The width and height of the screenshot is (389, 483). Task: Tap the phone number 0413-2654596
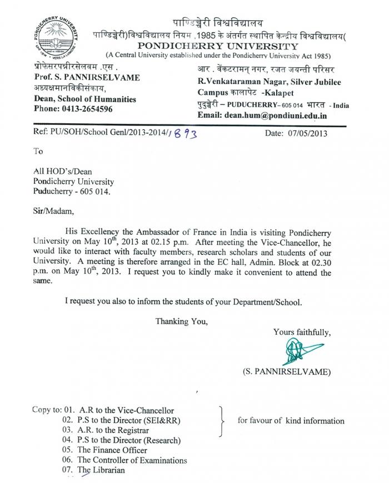tap(84, 109)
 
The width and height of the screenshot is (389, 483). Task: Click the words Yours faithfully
tap(302, 333)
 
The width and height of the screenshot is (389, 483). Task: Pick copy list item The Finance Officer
tap(112, 450)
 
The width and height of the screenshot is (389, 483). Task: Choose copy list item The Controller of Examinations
tap(132, 460)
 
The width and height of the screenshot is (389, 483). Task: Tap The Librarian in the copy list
tap(101, 470)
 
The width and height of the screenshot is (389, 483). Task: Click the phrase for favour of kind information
tap(291, 420)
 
